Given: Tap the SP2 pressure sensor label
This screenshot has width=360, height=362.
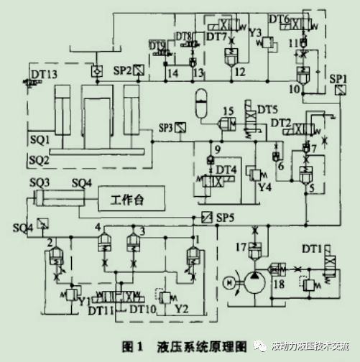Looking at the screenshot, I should click(123, 70).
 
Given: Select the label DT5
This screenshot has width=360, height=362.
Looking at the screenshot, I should click(268, 110).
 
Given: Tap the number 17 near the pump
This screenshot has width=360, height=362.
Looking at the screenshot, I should click(242, 246).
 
